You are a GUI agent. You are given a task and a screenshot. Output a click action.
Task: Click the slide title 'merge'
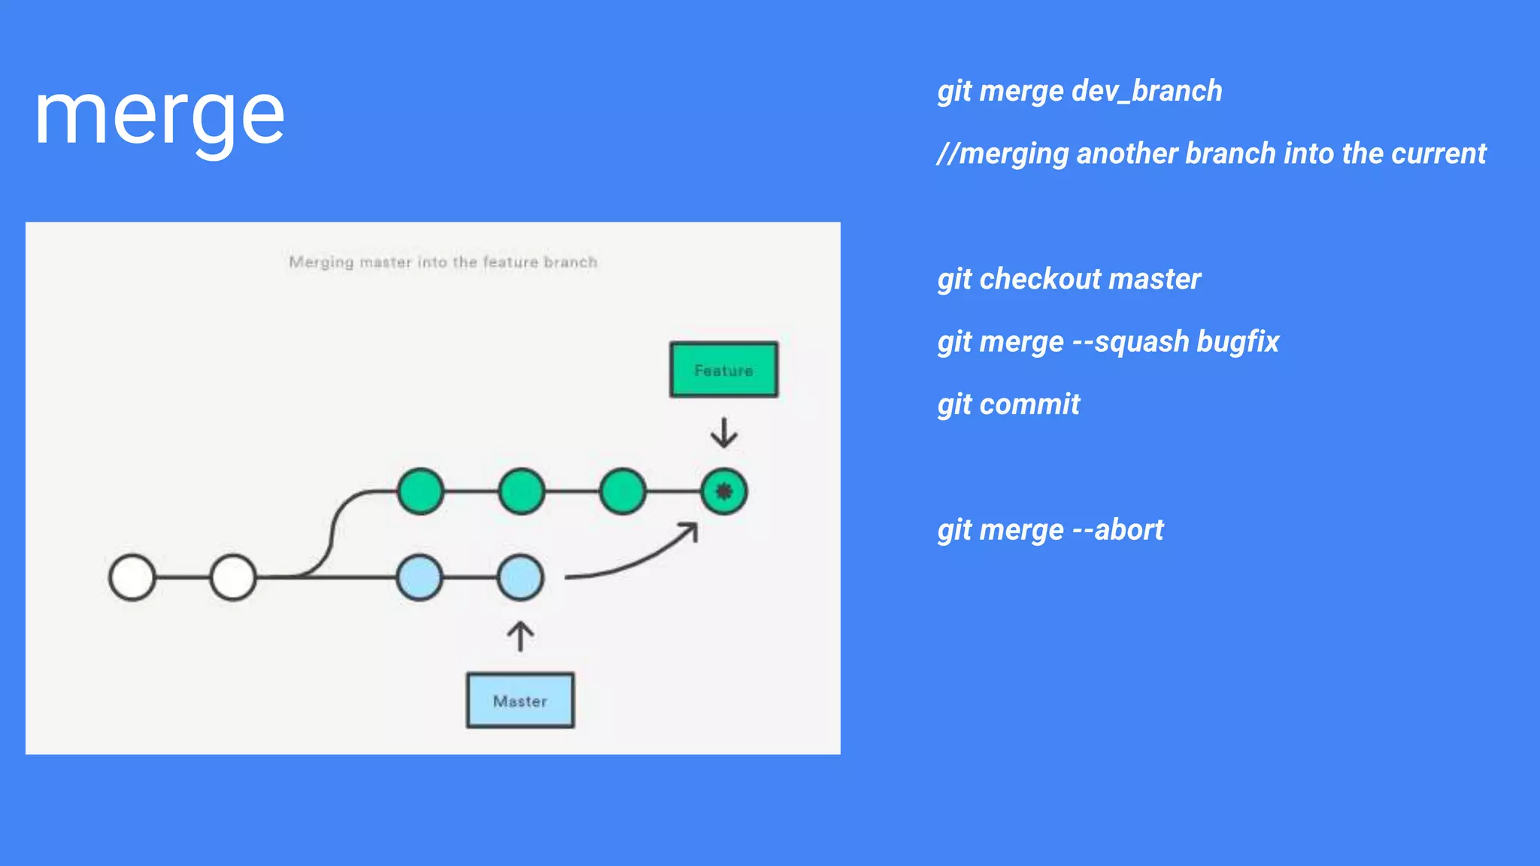point(159,117)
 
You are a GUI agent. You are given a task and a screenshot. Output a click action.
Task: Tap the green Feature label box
point(723,370)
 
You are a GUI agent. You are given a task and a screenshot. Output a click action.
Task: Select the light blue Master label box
point(520,701)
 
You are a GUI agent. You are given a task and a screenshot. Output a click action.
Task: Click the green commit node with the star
point(723,492)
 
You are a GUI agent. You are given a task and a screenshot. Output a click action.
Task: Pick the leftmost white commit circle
point(132,577)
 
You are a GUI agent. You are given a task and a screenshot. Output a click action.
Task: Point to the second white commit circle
point(233,577)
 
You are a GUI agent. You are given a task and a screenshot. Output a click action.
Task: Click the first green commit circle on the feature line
point(420,492)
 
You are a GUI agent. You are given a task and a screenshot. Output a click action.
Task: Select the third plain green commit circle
point(623,492)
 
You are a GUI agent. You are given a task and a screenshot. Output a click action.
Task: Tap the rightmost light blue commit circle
point(520,577)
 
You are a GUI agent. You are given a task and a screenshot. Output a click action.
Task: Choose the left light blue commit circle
point(420,577)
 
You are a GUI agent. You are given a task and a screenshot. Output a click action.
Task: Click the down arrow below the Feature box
point(723,433)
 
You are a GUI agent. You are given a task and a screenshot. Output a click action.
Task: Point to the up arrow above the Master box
point(520,636)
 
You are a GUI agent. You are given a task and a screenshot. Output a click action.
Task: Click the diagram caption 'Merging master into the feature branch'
point(443,262)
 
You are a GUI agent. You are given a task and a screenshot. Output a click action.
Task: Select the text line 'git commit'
point(1008,404)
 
